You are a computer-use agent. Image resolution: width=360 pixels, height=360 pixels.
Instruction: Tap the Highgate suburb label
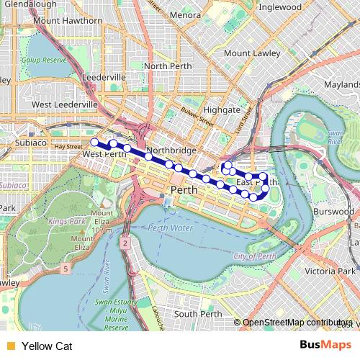coord(221,109)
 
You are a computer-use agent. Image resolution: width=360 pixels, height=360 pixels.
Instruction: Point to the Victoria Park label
coord(330,271)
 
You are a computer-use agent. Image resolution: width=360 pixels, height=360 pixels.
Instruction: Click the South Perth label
coord(197,314)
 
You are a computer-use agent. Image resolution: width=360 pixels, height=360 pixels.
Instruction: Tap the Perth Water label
coord(171,228)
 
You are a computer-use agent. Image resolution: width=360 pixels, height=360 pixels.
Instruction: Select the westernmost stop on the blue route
coord(94,143)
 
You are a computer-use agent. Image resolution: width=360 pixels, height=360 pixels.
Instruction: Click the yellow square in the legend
coord(10,346)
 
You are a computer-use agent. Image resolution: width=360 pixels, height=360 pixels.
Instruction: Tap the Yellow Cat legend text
coord(47,346)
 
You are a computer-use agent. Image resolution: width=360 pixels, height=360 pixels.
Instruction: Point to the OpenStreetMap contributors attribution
coord(298,323)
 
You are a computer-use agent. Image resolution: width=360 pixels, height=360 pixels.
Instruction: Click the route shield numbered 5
coord(66,269)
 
